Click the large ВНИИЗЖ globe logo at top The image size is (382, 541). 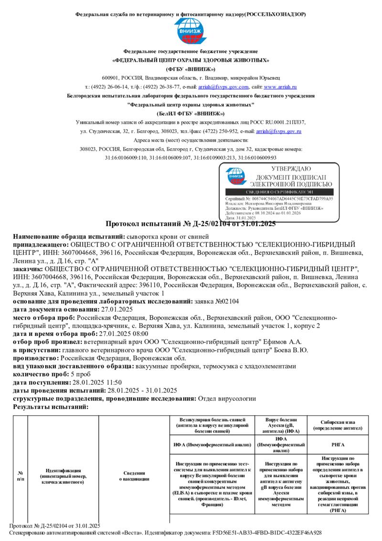click(191, 32)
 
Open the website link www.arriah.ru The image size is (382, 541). click(280, 87)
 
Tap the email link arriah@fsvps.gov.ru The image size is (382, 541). click(278, 130)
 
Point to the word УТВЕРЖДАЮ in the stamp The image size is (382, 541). click(291, 169)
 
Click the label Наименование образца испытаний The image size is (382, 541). click(68, 237)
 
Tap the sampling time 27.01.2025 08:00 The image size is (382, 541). click(123, 334)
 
